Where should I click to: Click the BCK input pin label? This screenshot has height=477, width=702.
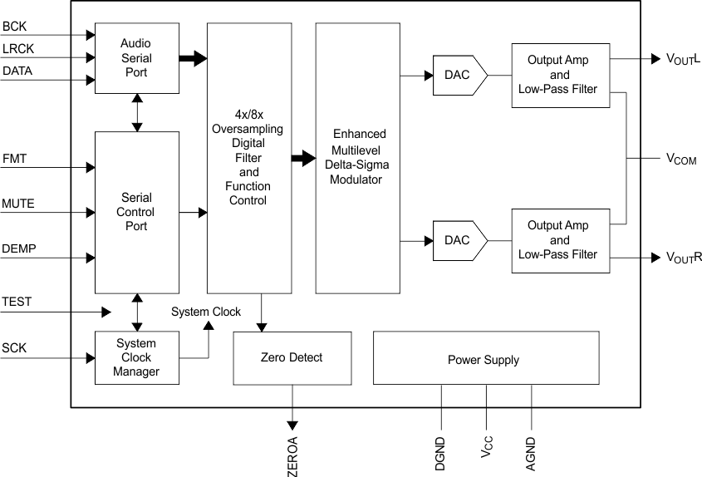pos(14,27)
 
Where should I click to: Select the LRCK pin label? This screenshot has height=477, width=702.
pos(17,49)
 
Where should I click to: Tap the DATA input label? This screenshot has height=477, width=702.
pos(17,71)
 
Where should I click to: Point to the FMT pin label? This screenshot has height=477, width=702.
pos(14,158)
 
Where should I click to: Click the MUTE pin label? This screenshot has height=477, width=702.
pos(18,204)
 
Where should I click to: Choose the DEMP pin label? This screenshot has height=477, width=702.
pos(18,249)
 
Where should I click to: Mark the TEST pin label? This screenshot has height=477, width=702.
pos(17,302)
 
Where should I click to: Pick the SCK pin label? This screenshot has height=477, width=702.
pos(14,348)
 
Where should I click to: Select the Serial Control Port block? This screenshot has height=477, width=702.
pos(137,212)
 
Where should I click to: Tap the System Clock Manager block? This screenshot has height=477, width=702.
pos(137,357)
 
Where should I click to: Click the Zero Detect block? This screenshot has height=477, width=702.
pos(292,357)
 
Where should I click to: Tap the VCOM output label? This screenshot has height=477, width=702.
pos(681,158)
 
